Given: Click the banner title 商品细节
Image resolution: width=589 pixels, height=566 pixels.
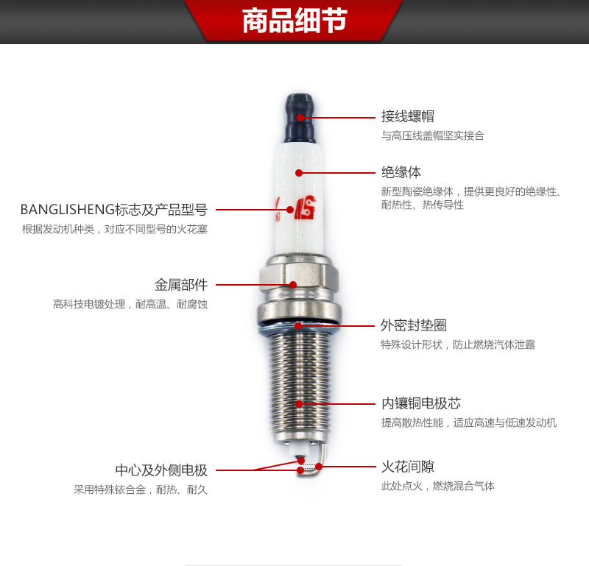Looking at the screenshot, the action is pyautogui.click(x=294, y=21).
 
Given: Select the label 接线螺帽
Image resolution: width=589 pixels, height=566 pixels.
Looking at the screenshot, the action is pyautogui.click(x=408, y=116).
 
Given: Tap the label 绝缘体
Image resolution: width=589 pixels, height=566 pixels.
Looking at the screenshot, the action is pyautogui.click(x=401, y=172).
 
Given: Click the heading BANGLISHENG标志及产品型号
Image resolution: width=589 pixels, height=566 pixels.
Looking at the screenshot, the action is pyautogui.click(x=114, y=210).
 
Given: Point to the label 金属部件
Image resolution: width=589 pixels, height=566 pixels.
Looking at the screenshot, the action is pyautogui.click(x=181, y=285).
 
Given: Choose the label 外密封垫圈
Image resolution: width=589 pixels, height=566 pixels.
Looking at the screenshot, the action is pyautogui.click(x=414, y=325).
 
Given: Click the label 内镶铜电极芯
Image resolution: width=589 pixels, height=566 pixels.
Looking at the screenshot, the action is pyautogui.click(x=420, y=403).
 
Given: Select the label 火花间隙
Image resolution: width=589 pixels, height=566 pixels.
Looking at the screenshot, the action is pyautogui.click(x=408, y=467).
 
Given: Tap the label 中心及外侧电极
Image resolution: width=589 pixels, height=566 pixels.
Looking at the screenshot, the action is pyautogui.click(x=161, y=470).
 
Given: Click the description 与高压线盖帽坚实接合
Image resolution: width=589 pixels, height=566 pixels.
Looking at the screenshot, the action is pyautogui.click(x=433, y=135).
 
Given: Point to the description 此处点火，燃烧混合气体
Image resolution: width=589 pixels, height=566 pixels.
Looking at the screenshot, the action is pyautogui.click(x=438, y=486).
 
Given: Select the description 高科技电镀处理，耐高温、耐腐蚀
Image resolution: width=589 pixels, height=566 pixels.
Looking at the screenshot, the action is pyautogui.click(x=130, y=304).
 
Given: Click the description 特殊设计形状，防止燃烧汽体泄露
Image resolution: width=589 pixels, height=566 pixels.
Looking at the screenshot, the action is pyautogui.click(x=458, y=344).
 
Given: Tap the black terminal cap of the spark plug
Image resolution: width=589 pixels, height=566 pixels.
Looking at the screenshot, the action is pyautogui.click(x=300, y=118).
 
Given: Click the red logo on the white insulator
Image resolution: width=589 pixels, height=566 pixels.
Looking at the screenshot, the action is pyautogui.click(x=305, y=208).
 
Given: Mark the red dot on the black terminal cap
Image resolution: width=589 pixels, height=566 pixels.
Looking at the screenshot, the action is pyautogui.click(x=300, y=118).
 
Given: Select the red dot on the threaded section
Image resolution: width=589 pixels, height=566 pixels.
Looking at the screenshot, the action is pyautogui.click(x=299, y=404).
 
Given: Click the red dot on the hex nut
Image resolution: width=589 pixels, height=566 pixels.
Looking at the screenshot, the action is pyautogui.click(x=293, y=285).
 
